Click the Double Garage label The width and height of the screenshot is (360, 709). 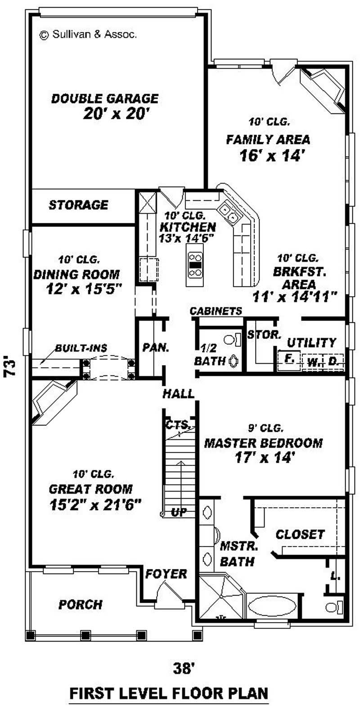[x=104, y=98]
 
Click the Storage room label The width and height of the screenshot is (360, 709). [x=78, y=205]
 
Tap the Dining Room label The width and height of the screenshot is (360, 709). [x=76, y=274]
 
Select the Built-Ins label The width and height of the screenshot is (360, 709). [x=81, y=348]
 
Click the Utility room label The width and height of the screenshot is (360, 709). [x=311, y=343]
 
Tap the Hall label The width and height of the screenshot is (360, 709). [x=179, y=394]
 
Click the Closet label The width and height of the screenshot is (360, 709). [x=300, y=534]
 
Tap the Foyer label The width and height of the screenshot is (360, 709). [x=166, y=574]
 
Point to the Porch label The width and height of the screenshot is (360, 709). [x=81, y=604]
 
